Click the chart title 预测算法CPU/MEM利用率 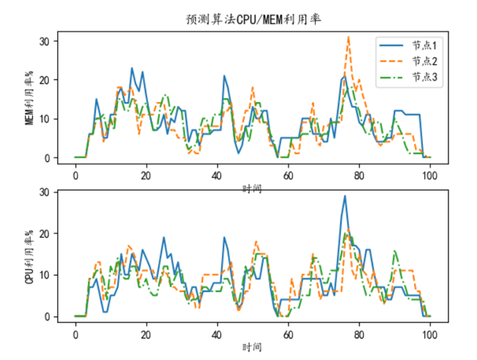(x=253, y=20)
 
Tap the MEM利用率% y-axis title (x=29, y=98)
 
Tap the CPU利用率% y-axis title (x=29, y=257)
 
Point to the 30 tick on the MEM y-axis (x=45, y=42)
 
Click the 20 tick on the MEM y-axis (x=45, y=80)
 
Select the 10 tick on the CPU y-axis (x=45, y=275)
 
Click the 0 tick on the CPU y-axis (x=47, y=317)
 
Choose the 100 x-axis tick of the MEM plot (x=429, y=176)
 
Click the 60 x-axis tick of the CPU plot (x=288, y=335)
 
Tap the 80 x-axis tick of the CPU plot (x=359, y=335)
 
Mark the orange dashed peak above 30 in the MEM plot (x=348, y=37)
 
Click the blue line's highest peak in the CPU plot (x=345, y=196)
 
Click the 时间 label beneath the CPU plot (x=252, y=347)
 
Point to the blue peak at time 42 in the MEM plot (x=224, y=76)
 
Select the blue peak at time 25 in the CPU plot (x=164, y=238)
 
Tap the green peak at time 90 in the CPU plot (x=395, y=251)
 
